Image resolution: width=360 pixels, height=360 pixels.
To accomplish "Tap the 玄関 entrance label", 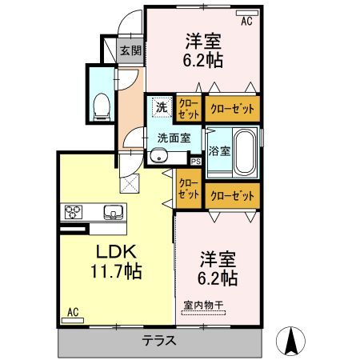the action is [130, 50].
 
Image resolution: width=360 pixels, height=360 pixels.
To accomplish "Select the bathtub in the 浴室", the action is [245, 152].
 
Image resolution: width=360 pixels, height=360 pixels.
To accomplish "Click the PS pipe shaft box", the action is [196, 162].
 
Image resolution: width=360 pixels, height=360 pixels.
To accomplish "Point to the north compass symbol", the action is [290, 340].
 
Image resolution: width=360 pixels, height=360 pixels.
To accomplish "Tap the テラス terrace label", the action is [159, 341].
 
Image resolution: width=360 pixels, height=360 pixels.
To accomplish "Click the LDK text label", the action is [116, 252].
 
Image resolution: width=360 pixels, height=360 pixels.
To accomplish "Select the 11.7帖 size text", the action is [116, 271].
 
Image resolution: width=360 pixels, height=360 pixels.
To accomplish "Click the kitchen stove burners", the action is [74, 212].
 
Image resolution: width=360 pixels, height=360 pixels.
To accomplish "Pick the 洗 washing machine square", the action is [162, 107].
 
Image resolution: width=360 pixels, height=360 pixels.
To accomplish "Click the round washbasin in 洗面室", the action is [159, 157].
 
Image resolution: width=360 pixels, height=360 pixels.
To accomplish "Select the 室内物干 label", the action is [203, 306].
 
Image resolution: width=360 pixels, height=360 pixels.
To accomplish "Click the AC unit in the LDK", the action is [73, 320].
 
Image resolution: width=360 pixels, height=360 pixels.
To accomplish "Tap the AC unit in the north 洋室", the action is [247, 13].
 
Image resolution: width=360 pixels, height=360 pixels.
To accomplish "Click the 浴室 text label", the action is [219, 151].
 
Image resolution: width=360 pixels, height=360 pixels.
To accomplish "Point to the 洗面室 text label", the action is [174, 138].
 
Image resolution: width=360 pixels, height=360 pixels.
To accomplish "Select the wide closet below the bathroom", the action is [232, 196].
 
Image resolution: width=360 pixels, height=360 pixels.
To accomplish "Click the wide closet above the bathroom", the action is [232, 109].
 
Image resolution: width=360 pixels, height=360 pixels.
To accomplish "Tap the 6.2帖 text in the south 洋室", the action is [218, 278].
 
